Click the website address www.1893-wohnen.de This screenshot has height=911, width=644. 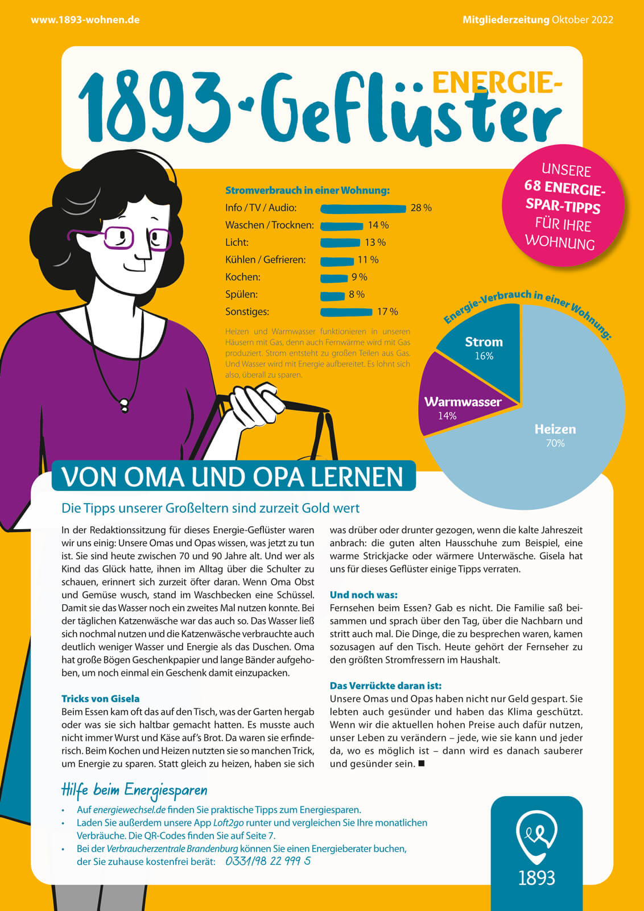85,20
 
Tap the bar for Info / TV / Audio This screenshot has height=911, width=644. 363,209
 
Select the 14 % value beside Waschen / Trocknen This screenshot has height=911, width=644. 378,225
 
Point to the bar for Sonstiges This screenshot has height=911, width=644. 346,312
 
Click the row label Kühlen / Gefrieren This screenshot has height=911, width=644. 265,260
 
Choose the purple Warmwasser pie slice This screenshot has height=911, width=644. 455,407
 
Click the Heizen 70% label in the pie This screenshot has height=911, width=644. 555,435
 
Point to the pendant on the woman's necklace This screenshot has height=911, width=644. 123,406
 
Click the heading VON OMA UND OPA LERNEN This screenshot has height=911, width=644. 233,477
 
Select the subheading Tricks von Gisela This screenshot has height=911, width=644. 101,699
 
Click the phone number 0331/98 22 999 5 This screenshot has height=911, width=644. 268,861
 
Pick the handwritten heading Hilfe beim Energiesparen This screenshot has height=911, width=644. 134,790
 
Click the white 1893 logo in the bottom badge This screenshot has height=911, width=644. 536,848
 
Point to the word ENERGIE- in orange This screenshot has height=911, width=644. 497,83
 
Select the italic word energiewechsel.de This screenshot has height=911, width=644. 129,810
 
